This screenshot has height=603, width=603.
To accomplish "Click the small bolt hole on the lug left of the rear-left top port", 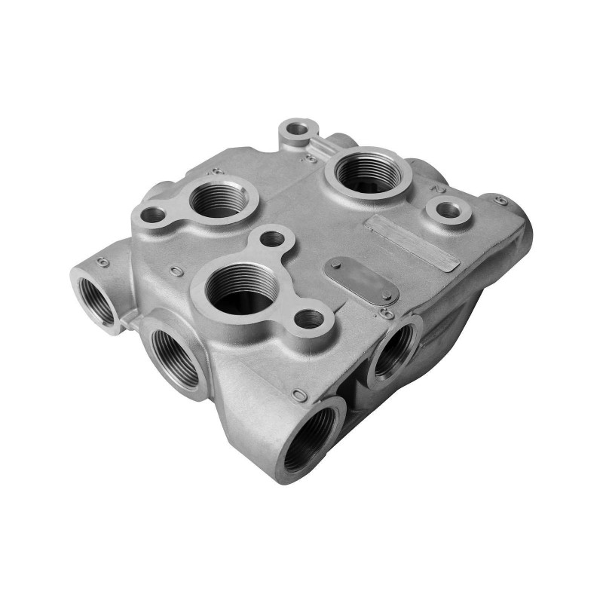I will pyautogui.click(x=154, y=215).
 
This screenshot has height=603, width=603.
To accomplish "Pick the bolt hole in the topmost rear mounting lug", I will pyautogui.click(x=298, y=129).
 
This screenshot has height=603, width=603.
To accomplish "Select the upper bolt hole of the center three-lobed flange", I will pyautogui.click(x=272, y=240).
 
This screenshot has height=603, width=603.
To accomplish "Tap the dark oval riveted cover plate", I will pyautogui.click(x=360, y=279).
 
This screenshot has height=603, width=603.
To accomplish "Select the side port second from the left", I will pyautogui.click(x=174, y=355).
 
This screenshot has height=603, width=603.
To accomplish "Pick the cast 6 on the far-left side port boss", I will pyautogui.click(x=103, y=262).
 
